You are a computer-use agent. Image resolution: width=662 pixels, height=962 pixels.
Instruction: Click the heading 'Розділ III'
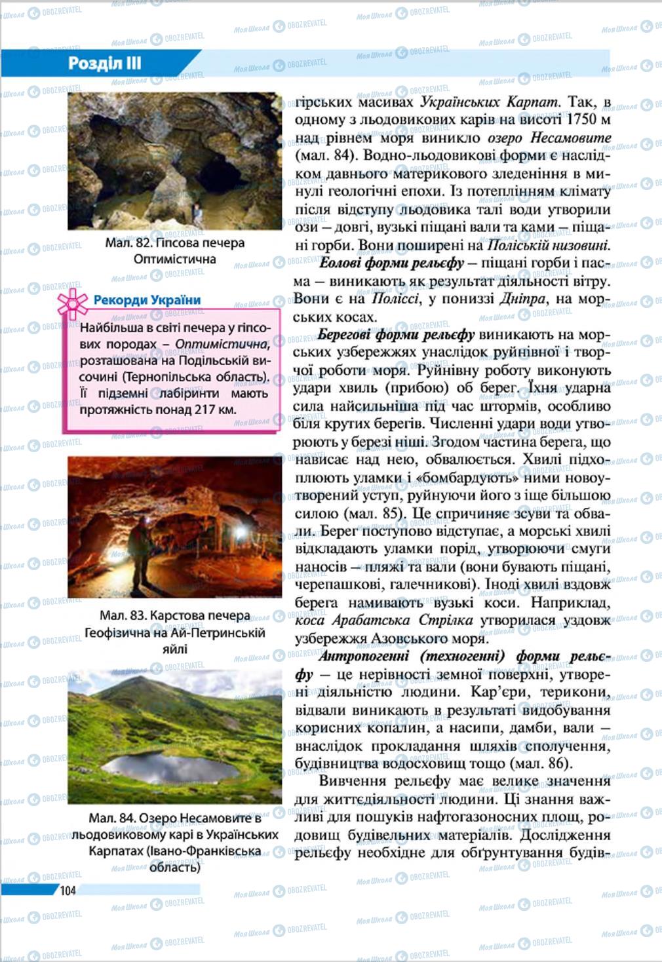click(105, 64)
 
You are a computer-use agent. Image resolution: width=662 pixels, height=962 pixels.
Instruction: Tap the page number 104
click(68, 889)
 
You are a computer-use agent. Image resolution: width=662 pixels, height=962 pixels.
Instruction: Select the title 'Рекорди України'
click(147, 300)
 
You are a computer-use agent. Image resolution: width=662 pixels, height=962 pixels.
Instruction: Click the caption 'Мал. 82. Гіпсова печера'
click(174, 242)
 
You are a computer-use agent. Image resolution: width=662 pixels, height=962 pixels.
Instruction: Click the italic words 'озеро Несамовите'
click(549, 138)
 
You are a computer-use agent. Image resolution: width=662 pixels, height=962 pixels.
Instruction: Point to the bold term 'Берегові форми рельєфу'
click(396, 335)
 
